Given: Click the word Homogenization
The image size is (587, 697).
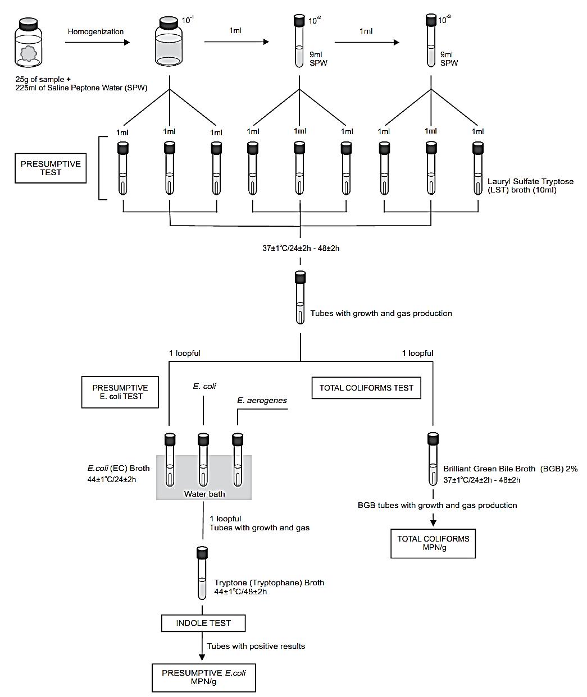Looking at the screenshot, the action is coord(95,32).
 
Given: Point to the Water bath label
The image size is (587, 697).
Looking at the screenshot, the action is coord(204,494).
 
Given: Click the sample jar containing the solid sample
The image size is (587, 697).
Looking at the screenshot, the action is coord(29,43).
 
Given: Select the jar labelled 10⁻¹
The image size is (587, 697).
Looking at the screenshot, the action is coord(169,42).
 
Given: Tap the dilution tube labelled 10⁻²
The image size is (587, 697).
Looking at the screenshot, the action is coord(299,41).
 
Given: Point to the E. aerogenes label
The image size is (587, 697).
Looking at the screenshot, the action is coord(262,400).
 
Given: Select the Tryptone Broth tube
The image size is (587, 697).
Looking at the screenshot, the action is coord(202,573).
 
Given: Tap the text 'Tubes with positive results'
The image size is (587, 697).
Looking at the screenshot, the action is coord(256,646).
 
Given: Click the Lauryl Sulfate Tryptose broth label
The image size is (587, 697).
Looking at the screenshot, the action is coord(530,186).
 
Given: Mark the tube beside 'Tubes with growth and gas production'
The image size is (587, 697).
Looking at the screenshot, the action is coord(300,297).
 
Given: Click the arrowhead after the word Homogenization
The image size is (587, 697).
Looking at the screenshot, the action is coord(127,43).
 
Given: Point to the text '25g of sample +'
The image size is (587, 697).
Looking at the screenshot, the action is coord(43,80).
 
